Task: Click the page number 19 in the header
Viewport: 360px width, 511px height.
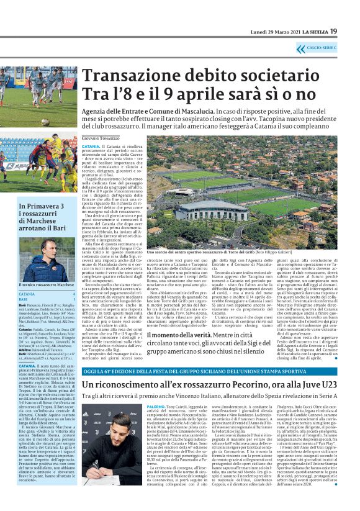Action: [x=351, y=31]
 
